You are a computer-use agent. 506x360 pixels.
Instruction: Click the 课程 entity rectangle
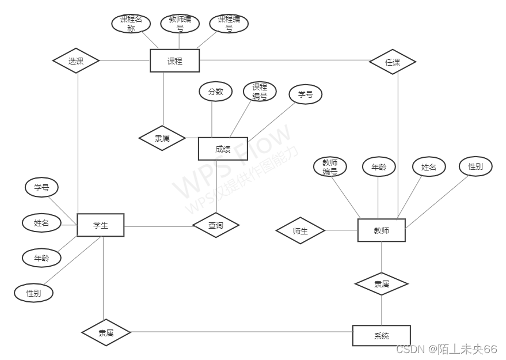pos(174,60)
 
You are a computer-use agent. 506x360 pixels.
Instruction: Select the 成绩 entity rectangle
pos(223,149)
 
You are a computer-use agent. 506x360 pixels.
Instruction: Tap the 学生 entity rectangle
pos(101,225)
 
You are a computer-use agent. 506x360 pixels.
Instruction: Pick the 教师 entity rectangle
pos(381,230)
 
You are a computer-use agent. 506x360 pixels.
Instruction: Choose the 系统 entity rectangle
pos(381,335)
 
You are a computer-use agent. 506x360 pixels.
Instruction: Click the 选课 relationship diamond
pos(76,60)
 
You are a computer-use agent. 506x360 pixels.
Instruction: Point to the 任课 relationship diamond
pos(393,62)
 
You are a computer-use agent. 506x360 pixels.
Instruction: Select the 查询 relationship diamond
pos(216,225)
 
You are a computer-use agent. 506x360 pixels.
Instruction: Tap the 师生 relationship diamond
pos(300,231)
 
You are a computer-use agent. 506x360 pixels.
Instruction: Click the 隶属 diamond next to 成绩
pos(162,138)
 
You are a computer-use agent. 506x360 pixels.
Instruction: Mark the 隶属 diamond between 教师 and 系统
pos(381,284)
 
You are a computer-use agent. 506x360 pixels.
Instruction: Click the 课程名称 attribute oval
pos(131,24)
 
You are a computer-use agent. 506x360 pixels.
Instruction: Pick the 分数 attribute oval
pos(215,92)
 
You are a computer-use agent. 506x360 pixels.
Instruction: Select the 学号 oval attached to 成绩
pos(305,94)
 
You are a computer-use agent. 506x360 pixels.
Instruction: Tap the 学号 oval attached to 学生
pos(41,187)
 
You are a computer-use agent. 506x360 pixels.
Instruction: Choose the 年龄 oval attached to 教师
pos(379,167)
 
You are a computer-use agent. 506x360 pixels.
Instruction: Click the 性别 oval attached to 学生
pos(34,293)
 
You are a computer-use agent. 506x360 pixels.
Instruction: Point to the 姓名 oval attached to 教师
pos(429,167)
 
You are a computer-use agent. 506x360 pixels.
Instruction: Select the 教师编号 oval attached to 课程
pos(180,24)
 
